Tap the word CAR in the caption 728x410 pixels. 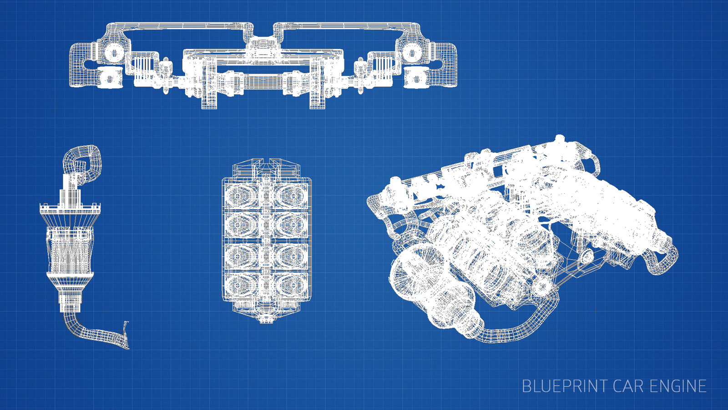click(628, 386)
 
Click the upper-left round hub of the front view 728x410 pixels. click(114, 53)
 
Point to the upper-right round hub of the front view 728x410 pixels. click(412, 53)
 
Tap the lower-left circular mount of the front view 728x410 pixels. click(110, 78)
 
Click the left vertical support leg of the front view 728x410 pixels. click(209, 87)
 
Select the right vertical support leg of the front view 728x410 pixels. click(317, 87)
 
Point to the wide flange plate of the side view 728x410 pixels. click(70, 210)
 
